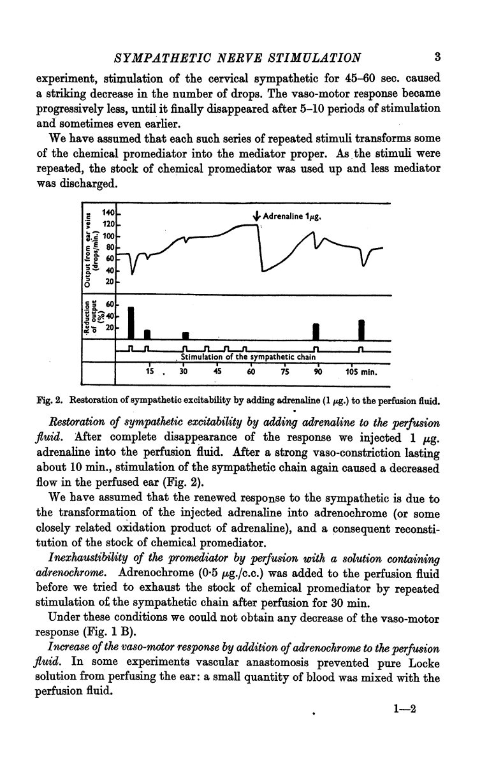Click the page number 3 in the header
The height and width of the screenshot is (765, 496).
[x=437, y=57]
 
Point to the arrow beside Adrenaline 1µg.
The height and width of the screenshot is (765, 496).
[x=256, y=218]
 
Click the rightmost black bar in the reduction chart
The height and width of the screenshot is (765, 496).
[x=361, y=330]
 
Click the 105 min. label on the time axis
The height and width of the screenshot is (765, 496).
[x=361, y=372]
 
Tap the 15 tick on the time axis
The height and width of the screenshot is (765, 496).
[x=150, y=372]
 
